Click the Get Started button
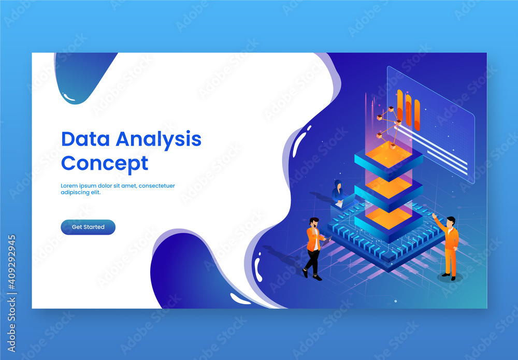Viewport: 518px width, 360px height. pos(88,227)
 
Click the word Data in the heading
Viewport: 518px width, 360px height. pos(85,139)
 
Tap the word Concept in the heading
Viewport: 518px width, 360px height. pos(104,163)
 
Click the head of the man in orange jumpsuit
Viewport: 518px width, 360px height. pos(451,221)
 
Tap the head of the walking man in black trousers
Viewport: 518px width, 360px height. pos(313,223)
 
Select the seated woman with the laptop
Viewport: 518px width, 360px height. pos(338,193)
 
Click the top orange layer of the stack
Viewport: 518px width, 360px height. pos(388,154)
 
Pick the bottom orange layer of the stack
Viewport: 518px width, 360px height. pos(388,218)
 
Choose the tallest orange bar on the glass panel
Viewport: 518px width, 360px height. pos(400,105)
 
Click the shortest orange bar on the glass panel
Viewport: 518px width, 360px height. pos(417,115)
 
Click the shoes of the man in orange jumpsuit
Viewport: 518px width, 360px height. pos(448,277)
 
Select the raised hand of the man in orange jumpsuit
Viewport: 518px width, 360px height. pos(434,215)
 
